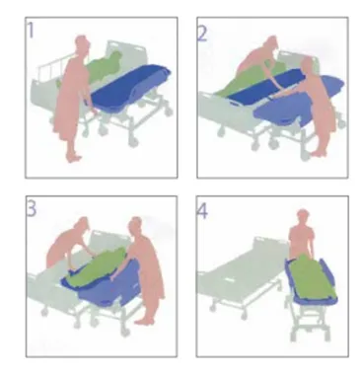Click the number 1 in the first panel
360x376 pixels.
(x=31, y=31)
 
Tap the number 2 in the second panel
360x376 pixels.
(x=202, y=34)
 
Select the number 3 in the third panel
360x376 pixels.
(x=32, y=209)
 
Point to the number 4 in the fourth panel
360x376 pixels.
(x=202, y=211)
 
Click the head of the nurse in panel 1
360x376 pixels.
(x=82, y=43)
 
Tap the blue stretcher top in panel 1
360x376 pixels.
(x=130, y=85)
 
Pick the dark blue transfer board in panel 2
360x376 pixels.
(x=263, y=86)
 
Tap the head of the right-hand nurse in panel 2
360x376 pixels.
(x=307, y=66)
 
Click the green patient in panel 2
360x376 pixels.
(x=249, y=79)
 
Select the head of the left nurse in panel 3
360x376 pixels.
(x=82, y=224)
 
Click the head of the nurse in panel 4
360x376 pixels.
(x=302, y=217)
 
